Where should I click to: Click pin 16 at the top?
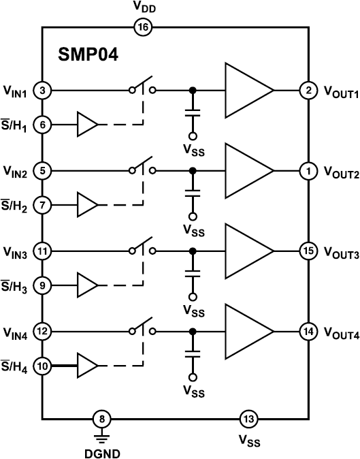(x=144, y=27)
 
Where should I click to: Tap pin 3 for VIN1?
(x=42, y=90)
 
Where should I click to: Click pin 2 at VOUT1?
(x=308, y=90)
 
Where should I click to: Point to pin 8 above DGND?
(x=102, y=419)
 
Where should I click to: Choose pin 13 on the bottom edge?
(x=248, y=419)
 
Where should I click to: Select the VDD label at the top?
(x=144, y=7)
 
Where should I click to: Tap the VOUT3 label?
(x=341, y=252)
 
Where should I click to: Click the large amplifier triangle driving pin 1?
(x=247, y=170)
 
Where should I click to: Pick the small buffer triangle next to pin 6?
(x=87, y=125)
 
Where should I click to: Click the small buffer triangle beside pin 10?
(x=87, y=366)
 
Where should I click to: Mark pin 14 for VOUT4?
(x=308, y=332)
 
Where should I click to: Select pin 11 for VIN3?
(x=42, y=251)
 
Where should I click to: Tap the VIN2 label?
(x=15, y=172)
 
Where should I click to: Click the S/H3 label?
(x=15, y=286)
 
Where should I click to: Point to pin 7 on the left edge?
(x=42, y=204)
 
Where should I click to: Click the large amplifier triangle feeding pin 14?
(x=247, y=331)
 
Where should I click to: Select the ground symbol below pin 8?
(x=102, y=436)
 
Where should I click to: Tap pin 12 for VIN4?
(x=42, y=332)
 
